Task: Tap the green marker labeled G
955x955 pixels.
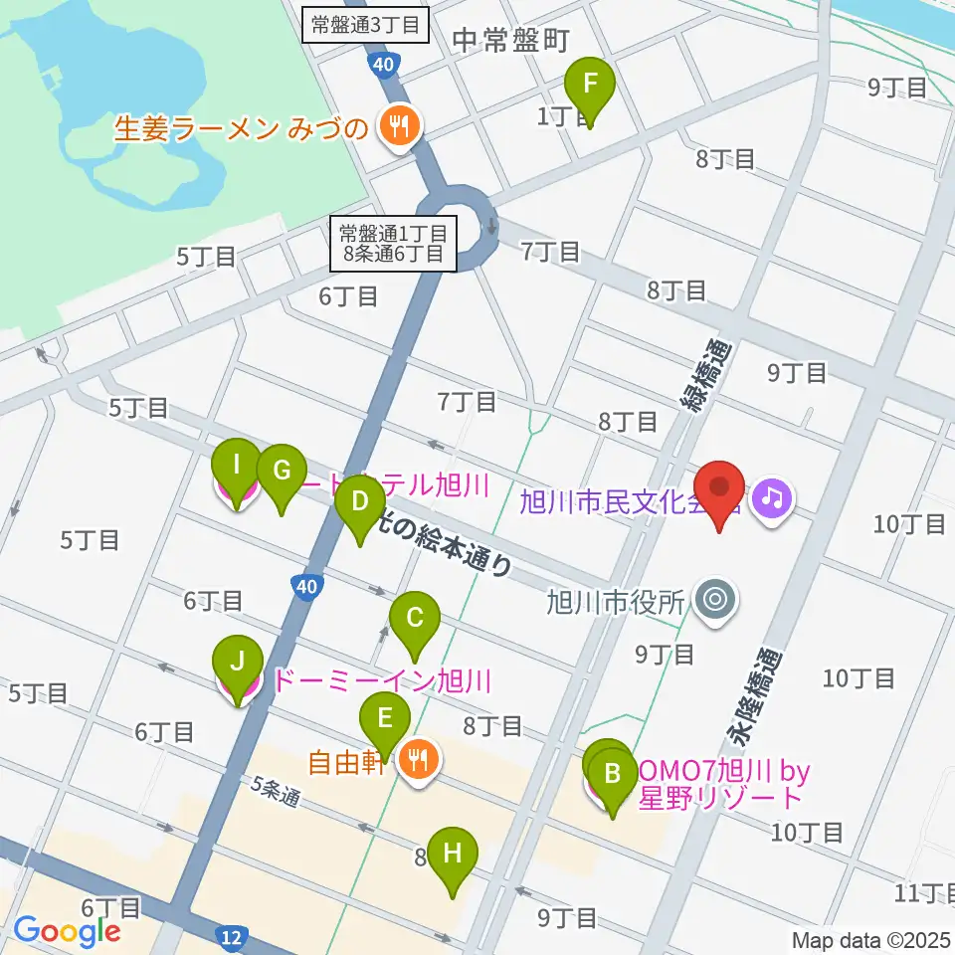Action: click(x=282, y=471)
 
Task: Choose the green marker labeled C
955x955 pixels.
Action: click(x=415, y=620)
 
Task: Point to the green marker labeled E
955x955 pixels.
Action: click(x=385, y=719)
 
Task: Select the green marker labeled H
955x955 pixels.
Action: click(x=453, y=855)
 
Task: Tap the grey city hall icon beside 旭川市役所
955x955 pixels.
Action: click(x=714, y=600)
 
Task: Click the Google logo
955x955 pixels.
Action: click(x=68, y=931)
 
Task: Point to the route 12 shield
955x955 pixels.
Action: click(x=231, y=937)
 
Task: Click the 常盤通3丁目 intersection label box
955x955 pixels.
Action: click(x=365, y=25)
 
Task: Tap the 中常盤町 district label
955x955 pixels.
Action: click(x=510, y=40)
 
